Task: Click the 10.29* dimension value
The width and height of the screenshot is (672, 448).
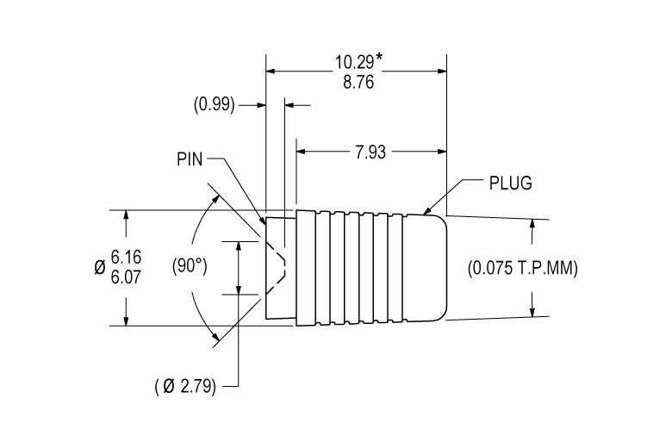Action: point(358,62)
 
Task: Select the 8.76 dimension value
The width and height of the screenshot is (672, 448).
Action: point(358,82)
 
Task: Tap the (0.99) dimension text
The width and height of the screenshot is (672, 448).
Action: point(215,104)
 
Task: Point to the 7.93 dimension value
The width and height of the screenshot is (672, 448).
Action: point(370,152)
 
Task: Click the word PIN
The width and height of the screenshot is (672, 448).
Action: point(190,159)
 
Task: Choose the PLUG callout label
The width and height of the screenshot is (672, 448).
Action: point(510,183)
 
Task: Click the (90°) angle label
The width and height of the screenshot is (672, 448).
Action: point(190,266)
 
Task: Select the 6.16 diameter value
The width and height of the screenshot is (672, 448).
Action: point(126,258)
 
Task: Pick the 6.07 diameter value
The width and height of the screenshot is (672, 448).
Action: point(126,277)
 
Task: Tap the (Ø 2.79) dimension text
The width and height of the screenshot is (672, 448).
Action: point(185,387)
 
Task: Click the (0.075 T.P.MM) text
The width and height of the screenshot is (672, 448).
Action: point(522,269)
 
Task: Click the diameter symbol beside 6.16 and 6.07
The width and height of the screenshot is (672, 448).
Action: point(99,268)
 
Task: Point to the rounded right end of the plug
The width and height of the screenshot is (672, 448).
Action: point(446,268)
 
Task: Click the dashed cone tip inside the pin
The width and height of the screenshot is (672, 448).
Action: point(284,268)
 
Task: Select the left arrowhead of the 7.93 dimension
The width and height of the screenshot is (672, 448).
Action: point(301,152)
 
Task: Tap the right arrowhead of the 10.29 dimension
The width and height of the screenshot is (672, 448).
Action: point(442,71)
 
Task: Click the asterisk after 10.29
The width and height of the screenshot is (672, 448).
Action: point(378,59)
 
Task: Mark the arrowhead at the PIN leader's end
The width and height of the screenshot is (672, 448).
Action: point(262,220)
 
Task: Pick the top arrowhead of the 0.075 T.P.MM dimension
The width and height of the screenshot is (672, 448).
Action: point(532,224)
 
